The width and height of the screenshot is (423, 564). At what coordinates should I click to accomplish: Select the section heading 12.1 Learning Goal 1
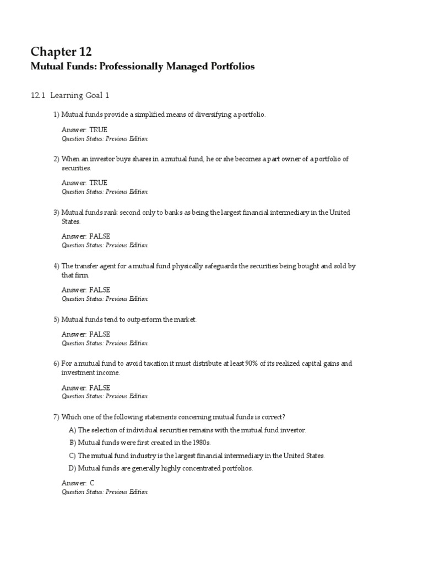click(x=70, y=95)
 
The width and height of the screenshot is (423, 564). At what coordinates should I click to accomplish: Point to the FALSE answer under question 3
click(x=100, y=236)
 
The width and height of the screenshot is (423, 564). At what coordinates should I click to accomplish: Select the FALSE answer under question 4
click(x=100, y=290)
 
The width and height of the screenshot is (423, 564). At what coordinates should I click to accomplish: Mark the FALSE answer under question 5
click(x=100, y=334)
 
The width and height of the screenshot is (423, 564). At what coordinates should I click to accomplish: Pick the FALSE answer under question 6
click(x=100, y=388)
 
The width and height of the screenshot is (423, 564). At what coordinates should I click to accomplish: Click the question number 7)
click(x=56, y=417)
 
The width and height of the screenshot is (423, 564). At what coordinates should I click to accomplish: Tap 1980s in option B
click(x=200, y=443)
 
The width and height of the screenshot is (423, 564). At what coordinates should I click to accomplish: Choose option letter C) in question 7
click(x=72, y=456)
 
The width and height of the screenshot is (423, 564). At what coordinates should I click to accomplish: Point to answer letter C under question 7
click(x=92, y=483)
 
